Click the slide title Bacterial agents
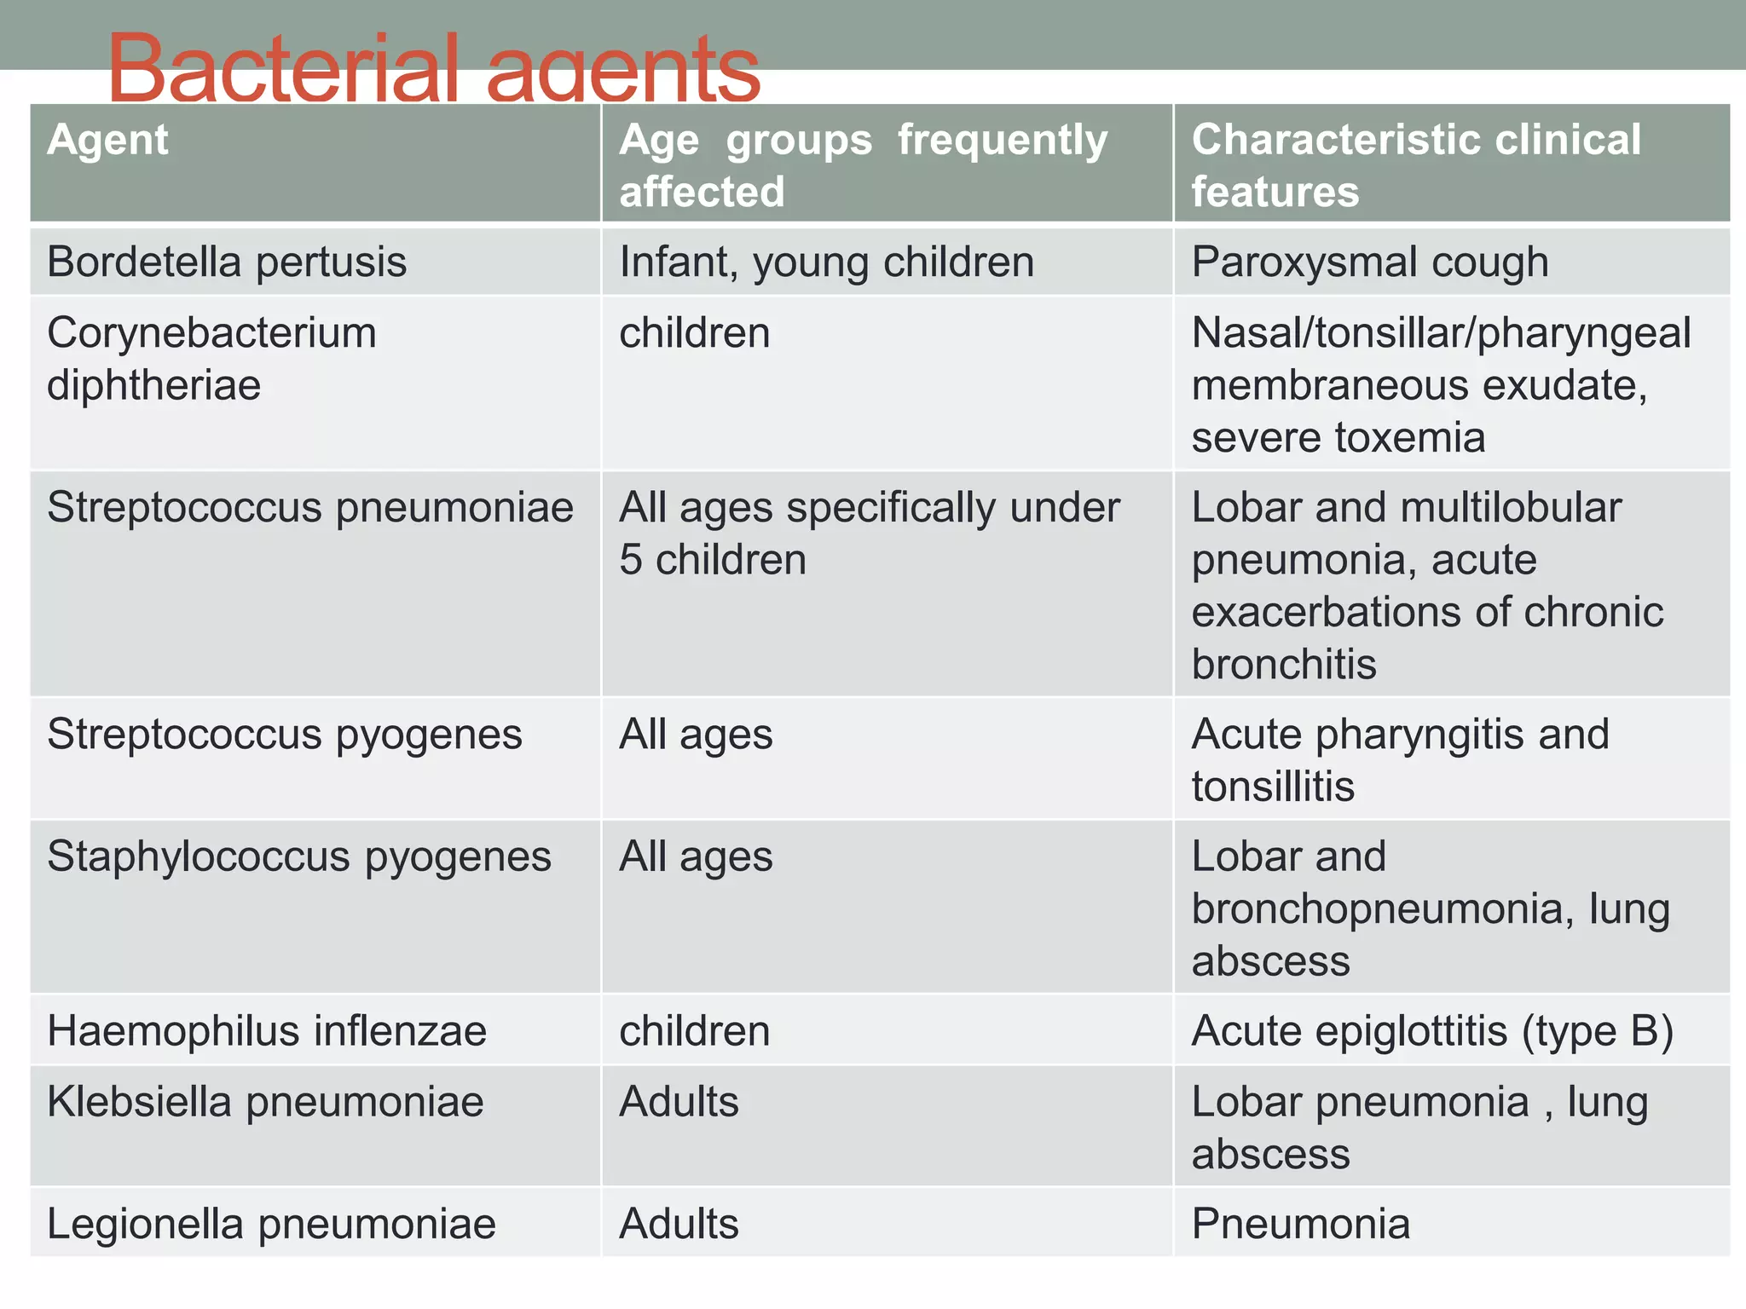click(x=433, y=68)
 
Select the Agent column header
click(x=108, y=140)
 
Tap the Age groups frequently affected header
click(x=863, y=165)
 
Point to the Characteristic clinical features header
click(x=1415, y=165)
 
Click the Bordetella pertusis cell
click(x=227, y=262)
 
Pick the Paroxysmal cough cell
click(x=1369, y=262)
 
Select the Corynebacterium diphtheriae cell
click(x=211, y=359)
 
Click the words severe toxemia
click(x=1338, y=438)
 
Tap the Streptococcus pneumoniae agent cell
click(x=310, y=508)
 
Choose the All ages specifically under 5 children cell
click(x=869, y=533)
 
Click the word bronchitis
click(x=1283, y=665)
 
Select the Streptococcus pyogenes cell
click(x=284, y=735)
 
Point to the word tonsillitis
click(x=1273, y=787)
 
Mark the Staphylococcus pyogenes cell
click(x=299, y=856)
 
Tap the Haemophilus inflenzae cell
click(x=267, y=1031)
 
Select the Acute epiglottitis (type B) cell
click(x=1432, y=1031)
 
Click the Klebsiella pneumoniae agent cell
click(x=265, y=1102)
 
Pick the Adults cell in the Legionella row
click(x=679, y=1224)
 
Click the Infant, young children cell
click(x=826, y=262)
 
